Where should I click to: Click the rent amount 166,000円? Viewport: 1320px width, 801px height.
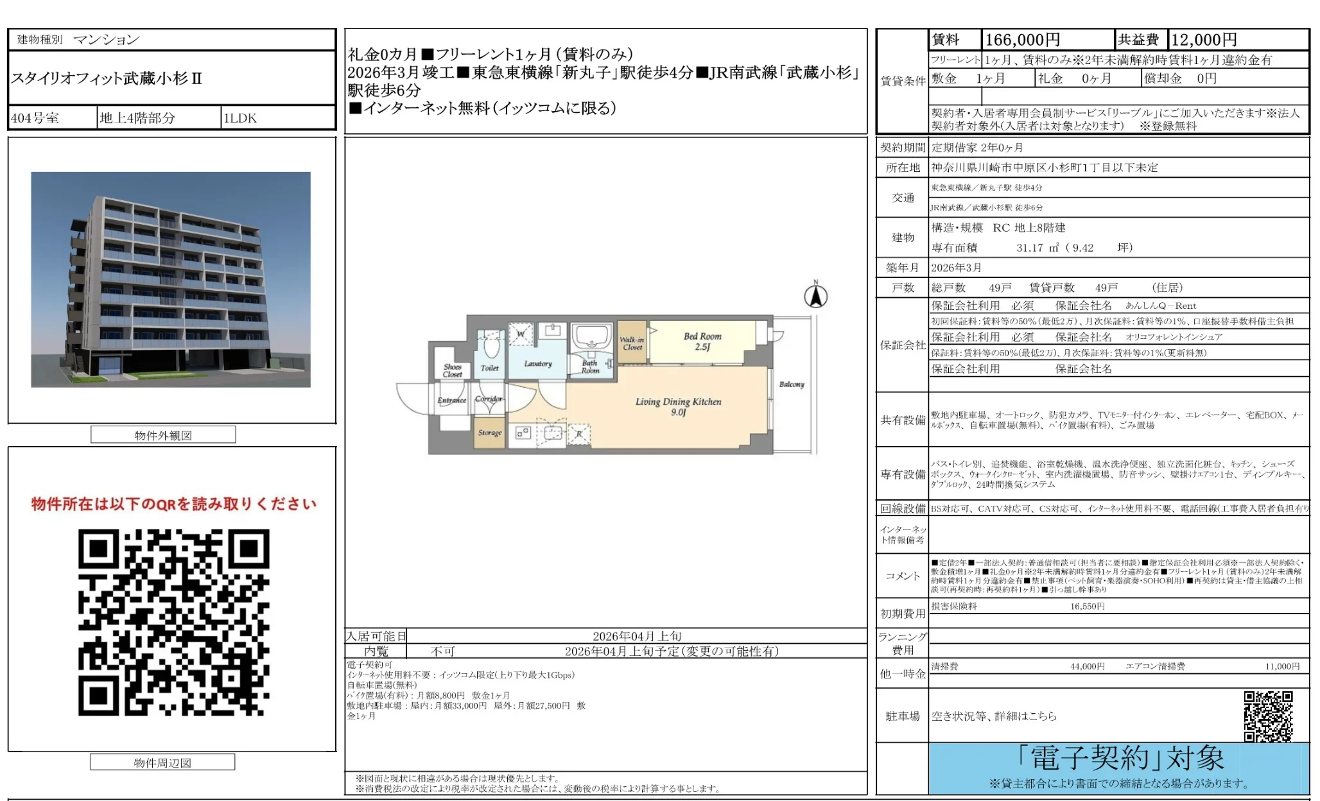pyautogui.click(x=1022, y=40)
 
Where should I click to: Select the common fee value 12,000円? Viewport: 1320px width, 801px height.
pyautogui.click(x=1204, y=40)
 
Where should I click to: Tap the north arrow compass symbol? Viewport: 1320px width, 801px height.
pyautogui.click(x=815, y=297)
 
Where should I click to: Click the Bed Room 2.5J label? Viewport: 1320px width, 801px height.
pyautogui.click(x=702, y=341)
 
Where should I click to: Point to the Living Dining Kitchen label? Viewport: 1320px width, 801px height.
pyautogui.click(x=678, y=406)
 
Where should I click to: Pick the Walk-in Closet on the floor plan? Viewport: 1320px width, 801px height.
pyautogui.click(x=632, y=343)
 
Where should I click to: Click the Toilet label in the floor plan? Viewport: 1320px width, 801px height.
pyautogui.click(x=489, y=368)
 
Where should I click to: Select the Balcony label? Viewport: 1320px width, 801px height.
pyautogui.click(x=792, y=384)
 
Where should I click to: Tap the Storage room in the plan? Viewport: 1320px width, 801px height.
pyautogui.click(x=490, y=433)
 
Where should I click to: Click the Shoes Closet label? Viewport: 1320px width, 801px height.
pyautogui.click(x=452, y=370)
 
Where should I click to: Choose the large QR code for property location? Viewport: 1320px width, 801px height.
pyautogui.click(x=173, y=622)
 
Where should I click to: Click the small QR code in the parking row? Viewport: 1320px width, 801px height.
pyautogui.click(x=1268, y=716)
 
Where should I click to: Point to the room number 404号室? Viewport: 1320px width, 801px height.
pyautogui.click(x=35, y=118)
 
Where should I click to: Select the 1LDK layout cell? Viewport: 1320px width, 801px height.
pyautogui.click(x=240, y=118)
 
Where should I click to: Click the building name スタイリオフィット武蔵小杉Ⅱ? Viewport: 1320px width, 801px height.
pyautogui.click(x=107, y=79)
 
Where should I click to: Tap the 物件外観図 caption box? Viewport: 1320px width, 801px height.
pyautogui.click(x=163, y=435)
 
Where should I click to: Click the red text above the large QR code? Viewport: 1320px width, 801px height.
pyautogui.click(x=173, y=504)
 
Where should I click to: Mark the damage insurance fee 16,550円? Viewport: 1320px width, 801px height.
pyautogui.click(x=1087, y=607)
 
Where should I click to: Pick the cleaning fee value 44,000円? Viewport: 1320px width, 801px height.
pyautogui.click(x=1087, y=667)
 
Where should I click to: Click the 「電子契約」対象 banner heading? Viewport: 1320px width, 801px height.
pyautogui.click(x=1120, y=759)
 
